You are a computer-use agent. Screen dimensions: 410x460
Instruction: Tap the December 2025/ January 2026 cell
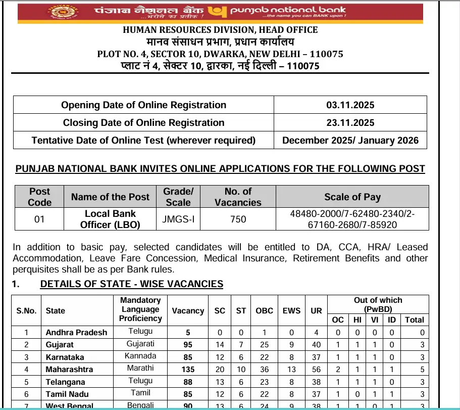pyautogui.click(x=350, y=140)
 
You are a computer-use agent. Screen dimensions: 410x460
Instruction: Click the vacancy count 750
pyautogui.click(x=238, y=219)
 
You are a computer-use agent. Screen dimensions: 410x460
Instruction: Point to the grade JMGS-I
pyautogui.click(x=178, y=219)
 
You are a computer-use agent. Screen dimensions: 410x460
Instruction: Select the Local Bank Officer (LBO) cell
pyautogui.click(x=110, y=219)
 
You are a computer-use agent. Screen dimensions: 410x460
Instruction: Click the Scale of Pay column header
pyautogui.click(x=352, y=197)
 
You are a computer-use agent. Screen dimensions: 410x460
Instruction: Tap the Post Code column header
pyautogui.click(x=39, y=197)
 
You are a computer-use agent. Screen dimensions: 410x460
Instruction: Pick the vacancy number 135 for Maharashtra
pyautogui.click(x=188, y=370)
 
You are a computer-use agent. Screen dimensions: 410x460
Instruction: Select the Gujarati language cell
pyautogui.click(x=140, y=344)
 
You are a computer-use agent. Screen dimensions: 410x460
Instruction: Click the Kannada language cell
pyautogui.click(x=140, y=356)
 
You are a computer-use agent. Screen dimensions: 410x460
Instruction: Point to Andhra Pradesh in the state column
pyautogui.click(x=76, y=332)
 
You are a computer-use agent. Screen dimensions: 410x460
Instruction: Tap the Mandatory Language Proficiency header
pyautogui.click(x=140, y=309)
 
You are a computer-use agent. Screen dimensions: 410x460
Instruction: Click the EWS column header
pyautogui.click(x=291, y=311)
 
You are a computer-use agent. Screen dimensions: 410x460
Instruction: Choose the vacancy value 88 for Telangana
pyautogui.click(x=188, y=382)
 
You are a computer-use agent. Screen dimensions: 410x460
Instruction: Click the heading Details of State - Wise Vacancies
pyautogui.click(x=131, y=284)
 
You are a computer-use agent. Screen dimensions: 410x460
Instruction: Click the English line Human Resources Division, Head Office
pyautogui.click(x=220, y=30)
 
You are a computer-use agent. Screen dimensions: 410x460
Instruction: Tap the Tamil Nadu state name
pyautogui.click(x=67, y=394)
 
